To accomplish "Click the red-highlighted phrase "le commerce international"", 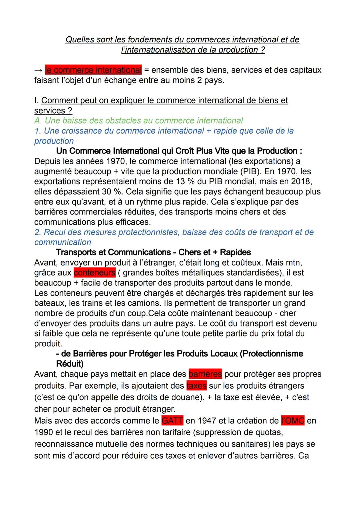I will click(x=93, y=70).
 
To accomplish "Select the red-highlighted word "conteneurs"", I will click(x=95, y=272).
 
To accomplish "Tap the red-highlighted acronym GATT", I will click(x=172, y=421).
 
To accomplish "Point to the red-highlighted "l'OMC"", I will click(x=293, y=421).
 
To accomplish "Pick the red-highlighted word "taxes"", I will click(x=196, y=386).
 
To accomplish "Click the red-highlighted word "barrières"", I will click(x=205, y=374).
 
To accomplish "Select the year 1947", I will click(x=209, y=421).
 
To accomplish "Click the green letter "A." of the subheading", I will click(x=38, y=121).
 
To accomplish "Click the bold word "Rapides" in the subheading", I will click(x=235, y=253).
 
